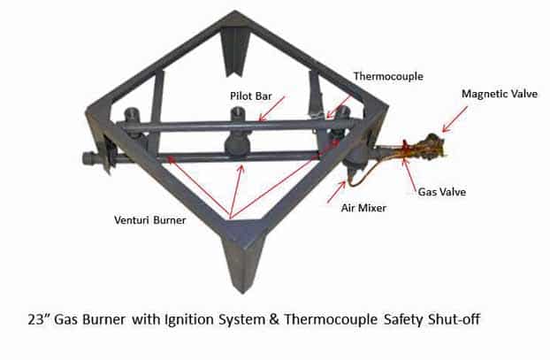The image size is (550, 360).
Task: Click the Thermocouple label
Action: (x=388, y=76)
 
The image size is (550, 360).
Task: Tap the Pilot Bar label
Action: (x=251, y=96)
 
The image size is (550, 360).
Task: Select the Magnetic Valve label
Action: (x=500, y=94)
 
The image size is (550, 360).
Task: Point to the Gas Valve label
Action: (x=442, y=192)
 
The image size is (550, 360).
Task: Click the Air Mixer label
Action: (x=363, y=208)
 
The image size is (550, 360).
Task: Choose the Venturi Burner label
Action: (x=150, y=220)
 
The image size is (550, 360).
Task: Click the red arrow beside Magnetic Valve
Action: (x=455, y=119)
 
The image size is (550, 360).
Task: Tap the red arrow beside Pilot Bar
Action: (x=271, y=109)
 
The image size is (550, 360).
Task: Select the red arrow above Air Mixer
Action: (x=337, y=192)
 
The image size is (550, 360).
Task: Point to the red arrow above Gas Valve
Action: (x=410, y=175)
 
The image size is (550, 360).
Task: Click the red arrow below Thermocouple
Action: (x=338, y=106)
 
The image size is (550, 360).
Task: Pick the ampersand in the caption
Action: (x=274, y=319)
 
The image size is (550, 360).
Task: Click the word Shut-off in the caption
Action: (x=454, y=319)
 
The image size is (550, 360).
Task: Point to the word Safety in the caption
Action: (x=403, y=320)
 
